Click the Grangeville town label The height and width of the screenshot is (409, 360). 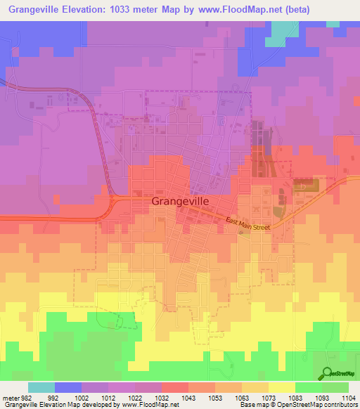pos(180,200)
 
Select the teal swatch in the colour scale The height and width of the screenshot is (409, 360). pos(41,388)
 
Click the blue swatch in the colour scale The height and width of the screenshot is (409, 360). pos(67,388)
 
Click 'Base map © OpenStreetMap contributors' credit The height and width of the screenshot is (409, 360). pos(298,405)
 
